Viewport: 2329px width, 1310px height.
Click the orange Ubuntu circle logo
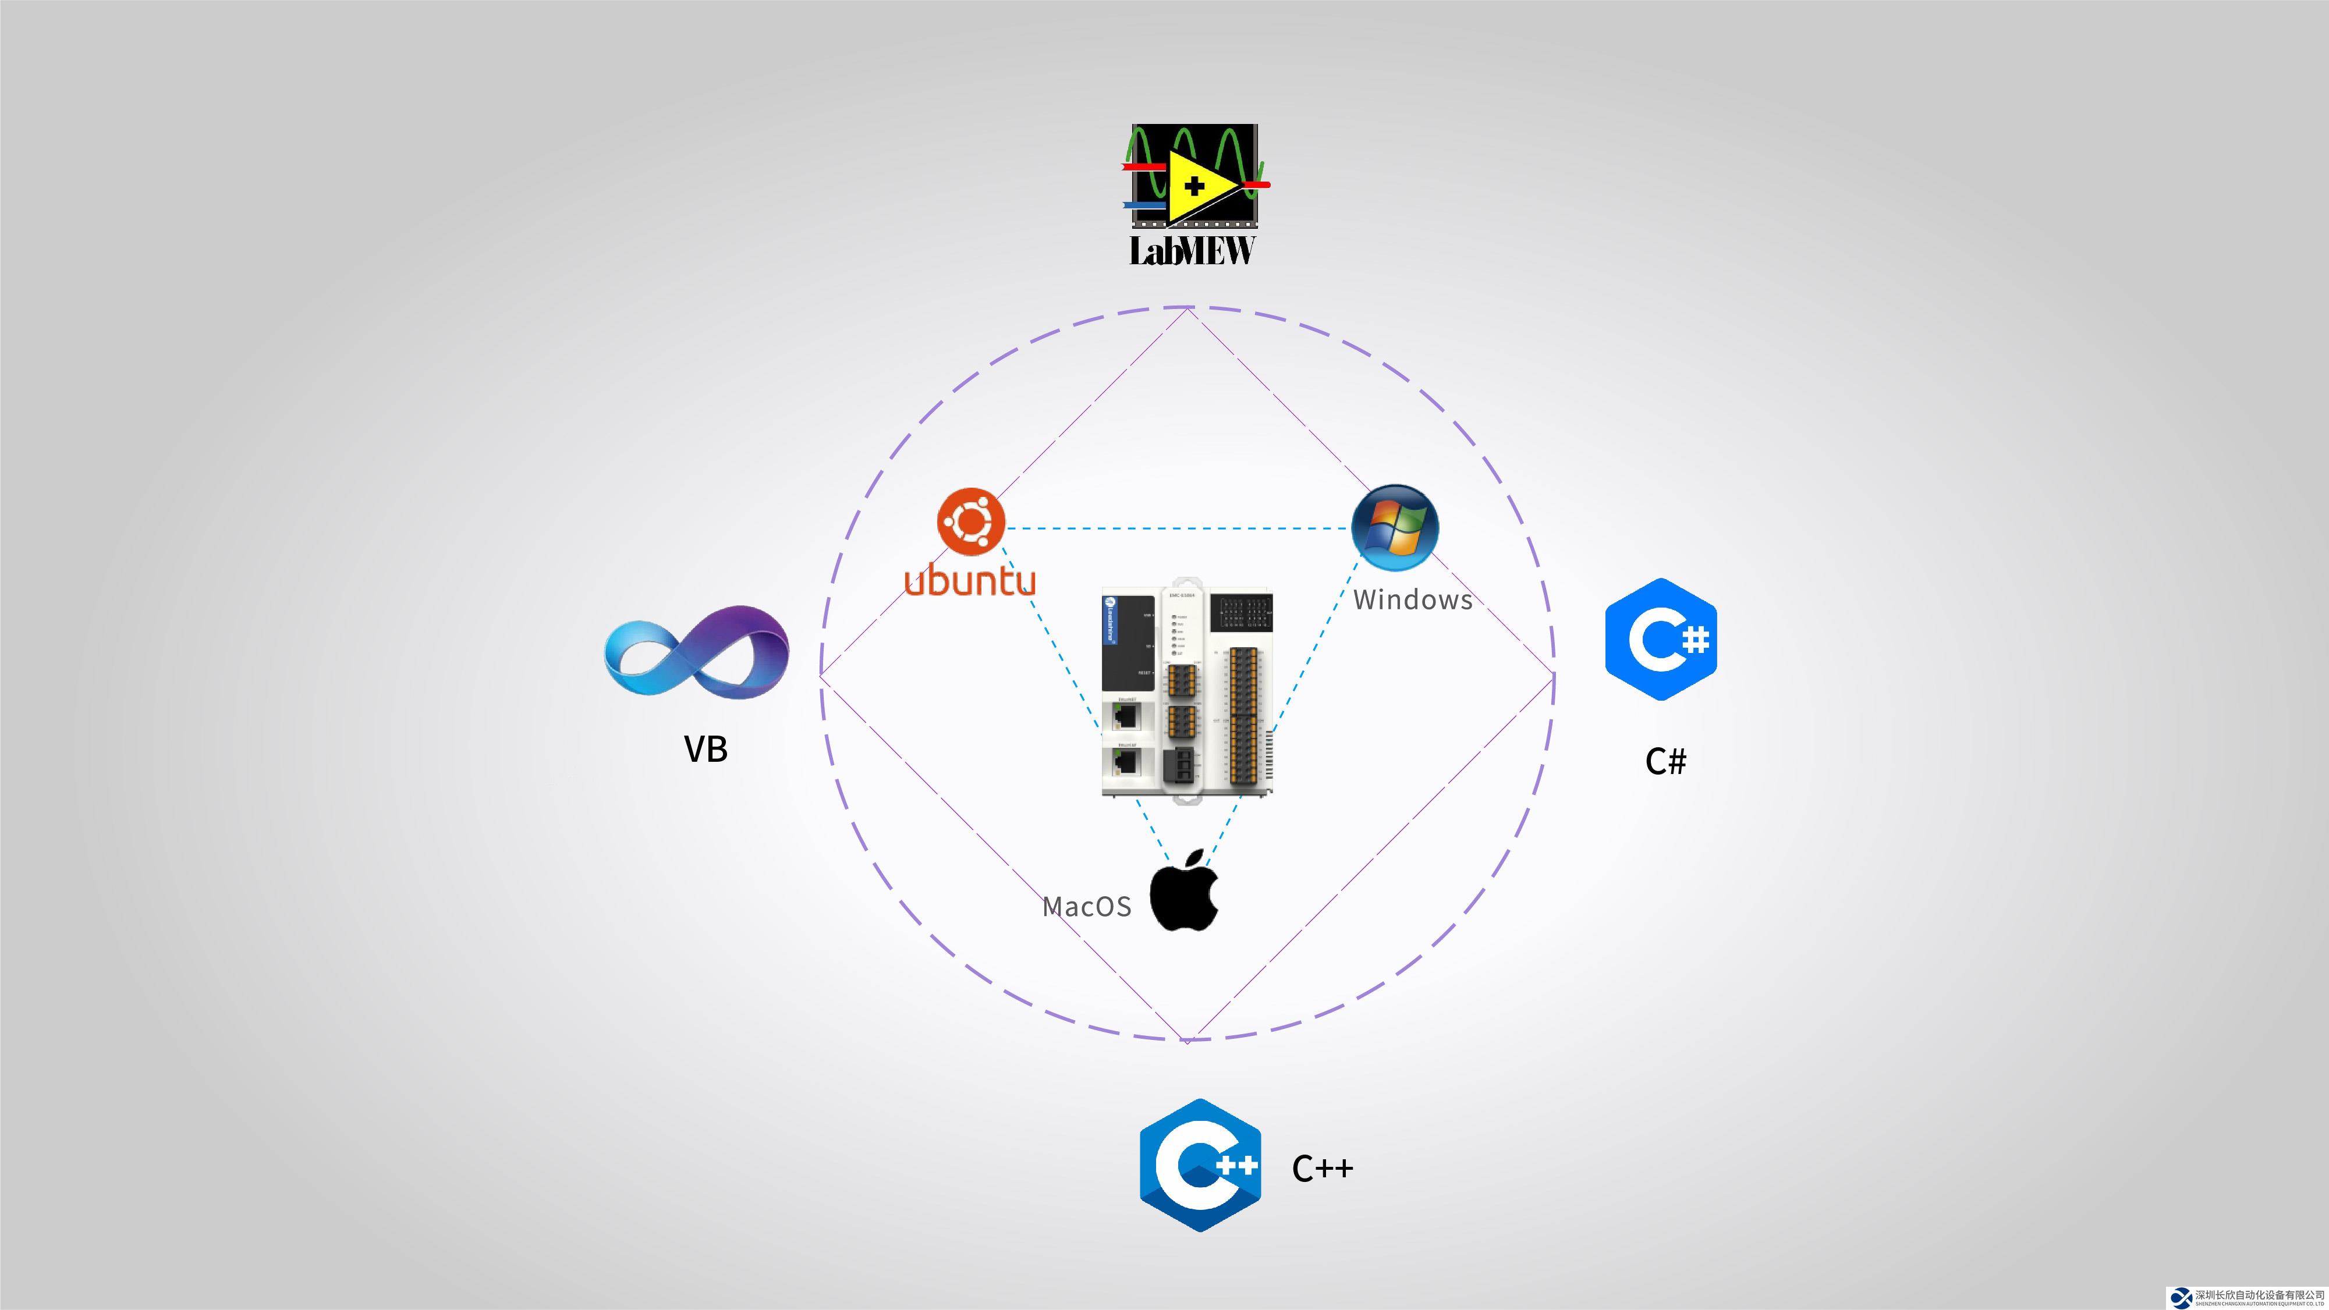tap(971, 521)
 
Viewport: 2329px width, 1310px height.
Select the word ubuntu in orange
tap(970, 580)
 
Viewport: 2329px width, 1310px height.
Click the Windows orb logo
tap(1394, 527)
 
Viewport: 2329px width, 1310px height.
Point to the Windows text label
tap(1412, 599)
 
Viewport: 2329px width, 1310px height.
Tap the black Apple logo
tap(1185, 892)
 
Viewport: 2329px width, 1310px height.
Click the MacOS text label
tap(1086, 907)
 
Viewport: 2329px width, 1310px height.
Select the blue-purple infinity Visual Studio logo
tap(696, 652)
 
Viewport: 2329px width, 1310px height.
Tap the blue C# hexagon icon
tap(1661, 639)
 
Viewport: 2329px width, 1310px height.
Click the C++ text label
tap(1323, 1168)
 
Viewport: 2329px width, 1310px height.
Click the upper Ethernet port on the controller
tap(1126, 716)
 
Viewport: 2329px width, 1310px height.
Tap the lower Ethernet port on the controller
tap(1126, 762)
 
